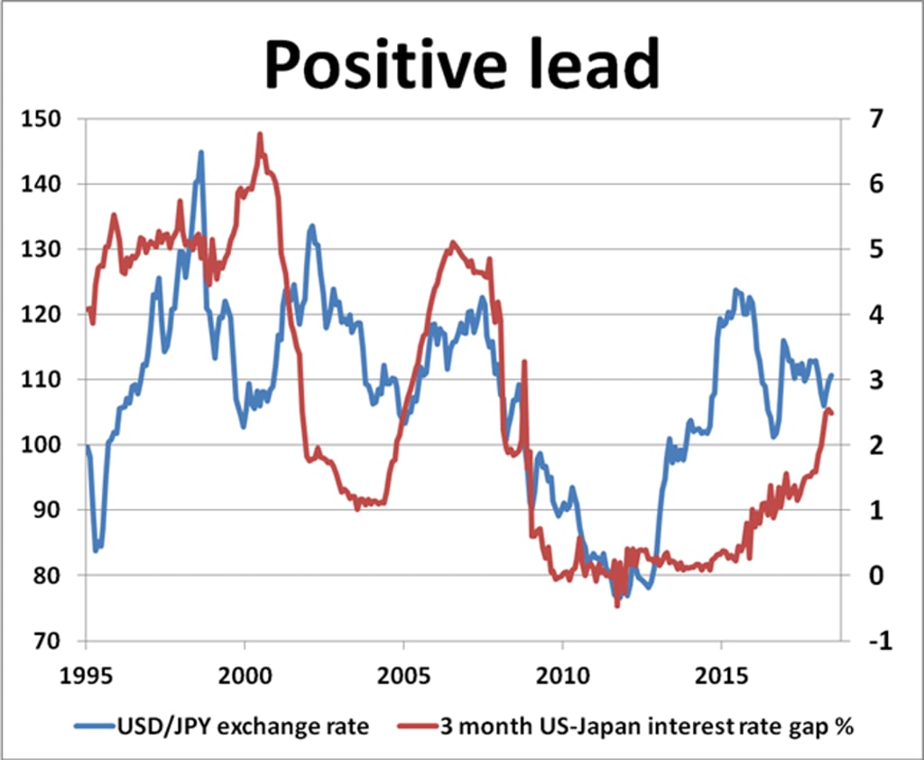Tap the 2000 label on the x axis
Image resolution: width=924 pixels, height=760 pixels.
tap(245, 674)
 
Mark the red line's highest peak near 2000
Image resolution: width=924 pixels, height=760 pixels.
tap(260, 134)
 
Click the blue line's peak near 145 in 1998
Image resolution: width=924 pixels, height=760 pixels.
tap(200, 153)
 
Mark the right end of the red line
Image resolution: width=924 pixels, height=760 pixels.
tap(831, 413)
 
